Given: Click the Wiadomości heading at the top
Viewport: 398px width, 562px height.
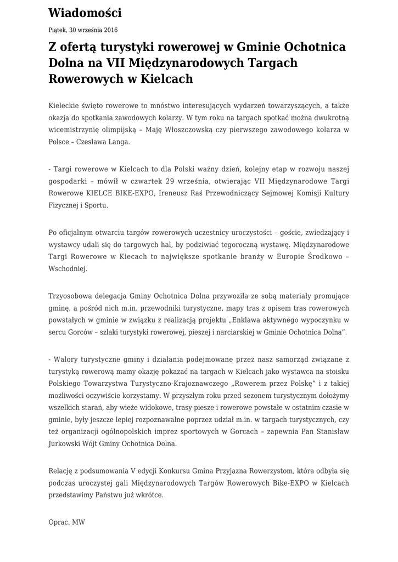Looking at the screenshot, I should tap(85, 13).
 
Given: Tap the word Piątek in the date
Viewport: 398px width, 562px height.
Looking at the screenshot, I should tap(58, 30).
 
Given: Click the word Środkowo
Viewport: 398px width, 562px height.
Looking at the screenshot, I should tap(322, 257).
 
